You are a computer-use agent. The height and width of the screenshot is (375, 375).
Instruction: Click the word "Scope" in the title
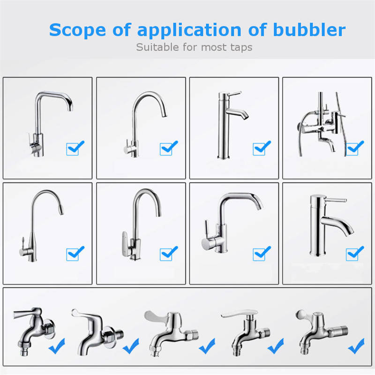(77, 30)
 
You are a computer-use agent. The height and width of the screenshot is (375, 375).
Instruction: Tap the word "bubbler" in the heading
(309, 30)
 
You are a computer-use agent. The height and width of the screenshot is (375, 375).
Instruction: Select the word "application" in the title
(189, 30)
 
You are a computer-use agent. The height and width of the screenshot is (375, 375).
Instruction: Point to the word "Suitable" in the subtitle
(157, 47)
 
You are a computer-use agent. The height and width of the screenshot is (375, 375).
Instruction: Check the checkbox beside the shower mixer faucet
(352, 149)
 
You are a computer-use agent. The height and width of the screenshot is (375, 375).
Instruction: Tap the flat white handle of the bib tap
(240, 314)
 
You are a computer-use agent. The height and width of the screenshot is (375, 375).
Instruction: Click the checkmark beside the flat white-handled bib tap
(276, 346)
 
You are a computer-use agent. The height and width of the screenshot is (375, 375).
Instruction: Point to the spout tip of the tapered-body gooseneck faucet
(61, 212)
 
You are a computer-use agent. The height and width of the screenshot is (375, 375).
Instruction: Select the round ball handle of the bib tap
(300, 314)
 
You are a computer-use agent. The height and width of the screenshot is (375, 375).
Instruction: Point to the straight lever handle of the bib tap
(26, 313)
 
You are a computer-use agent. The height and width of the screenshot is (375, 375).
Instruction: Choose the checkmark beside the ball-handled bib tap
(356, 346)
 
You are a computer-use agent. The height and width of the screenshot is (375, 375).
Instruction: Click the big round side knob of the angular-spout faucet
(206, 244)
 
